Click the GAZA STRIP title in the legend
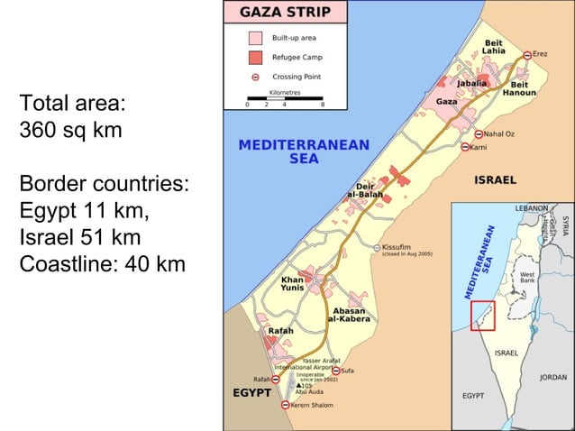(284, 13)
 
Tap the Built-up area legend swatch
(255, 39)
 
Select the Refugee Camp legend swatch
(255, 58)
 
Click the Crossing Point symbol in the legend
(255, 77)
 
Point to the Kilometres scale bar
(285, 96)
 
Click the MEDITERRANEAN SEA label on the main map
(304, 151)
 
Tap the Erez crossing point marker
(528, 55)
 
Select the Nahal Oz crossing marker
(488, 134)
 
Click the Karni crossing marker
(466, 146)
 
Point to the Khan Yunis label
(293, 284)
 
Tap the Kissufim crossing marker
(377, 246)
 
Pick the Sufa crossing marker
(336, 370)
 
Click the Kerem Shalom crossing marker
(286, 406)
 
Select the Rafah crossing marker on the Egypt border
(274, 380)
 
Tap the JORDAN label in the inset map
(552, 377)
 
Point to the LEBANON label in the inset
(529, 208)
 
